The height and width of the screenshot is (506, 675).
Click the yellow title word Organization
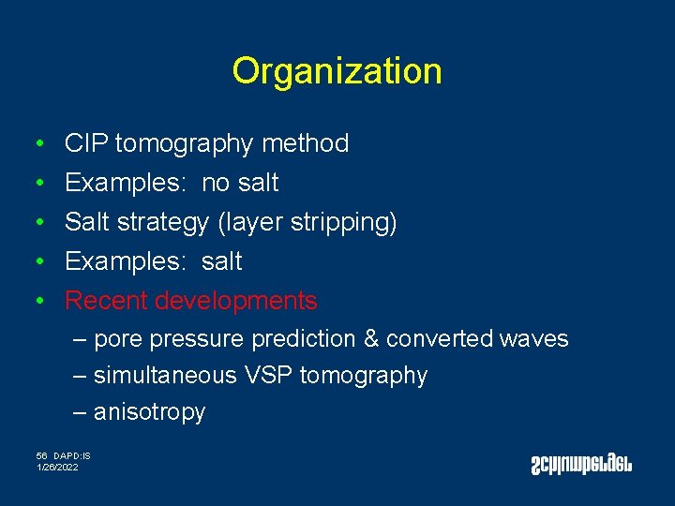(337, 71)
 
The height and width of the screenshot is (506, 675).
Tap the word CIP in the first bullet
(86, 143)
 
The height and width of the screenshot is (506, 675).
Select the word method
(306, 143)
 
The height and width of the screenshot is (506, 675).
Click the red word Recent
(107, 301)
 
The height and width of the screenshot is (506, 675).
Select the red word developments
(236, 301)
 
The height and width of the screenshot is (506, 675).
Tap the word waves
(537, 339)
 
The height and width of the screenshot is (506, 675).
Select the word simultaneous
(165, 376)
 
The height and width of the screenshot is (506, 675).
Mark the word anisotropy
(149, 412)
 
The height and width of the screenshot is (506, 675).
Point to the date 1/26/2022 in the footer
(58, 467)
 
